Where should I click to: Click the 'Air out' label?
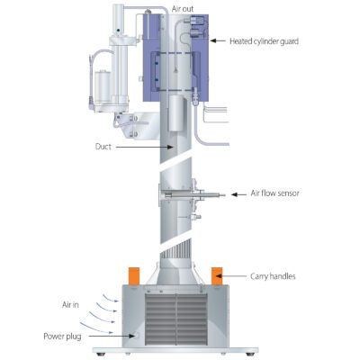coord(183,9)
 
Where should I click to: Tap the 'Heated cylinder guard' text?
coord(264,41)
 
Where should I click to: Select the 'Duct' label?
coord(103,147)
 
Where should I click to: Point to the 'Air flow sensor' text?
coord(274,193)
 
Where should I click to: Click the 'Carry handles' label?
coord(273,276)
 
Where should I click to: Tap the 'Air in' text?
coord(70,305)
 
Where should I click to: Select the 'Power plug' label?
coord(62,337)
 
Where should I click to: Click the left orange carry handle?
coord(134,276)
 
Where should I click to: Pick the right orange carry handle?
coord(217,276)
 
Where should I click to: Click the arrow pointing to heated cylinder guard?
coord(218,40)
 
